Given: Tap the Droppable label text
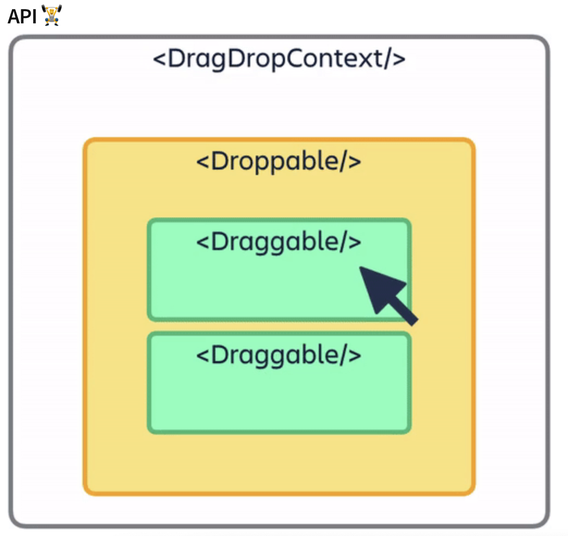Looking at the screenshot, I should [279, 161].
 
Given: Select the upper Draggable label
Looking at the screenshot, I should [279, 242].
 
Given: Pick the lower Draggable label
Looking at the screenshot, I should [279, 355].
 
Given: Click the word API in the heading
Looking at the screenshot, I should [22, 16].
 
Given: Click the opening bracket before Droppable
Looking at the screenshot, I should [202, 162].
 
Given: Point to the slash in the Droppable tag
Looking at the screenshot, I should [343, 162].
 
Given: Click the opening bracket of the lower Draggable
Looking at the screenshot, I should [202, 356].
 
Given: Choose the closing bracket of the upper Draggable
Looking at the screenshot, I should [355, 242].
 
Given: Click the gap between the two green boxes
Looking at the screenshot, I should [279, 326].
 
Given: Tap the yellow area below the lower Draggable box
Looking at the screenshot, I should [279, 462].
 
